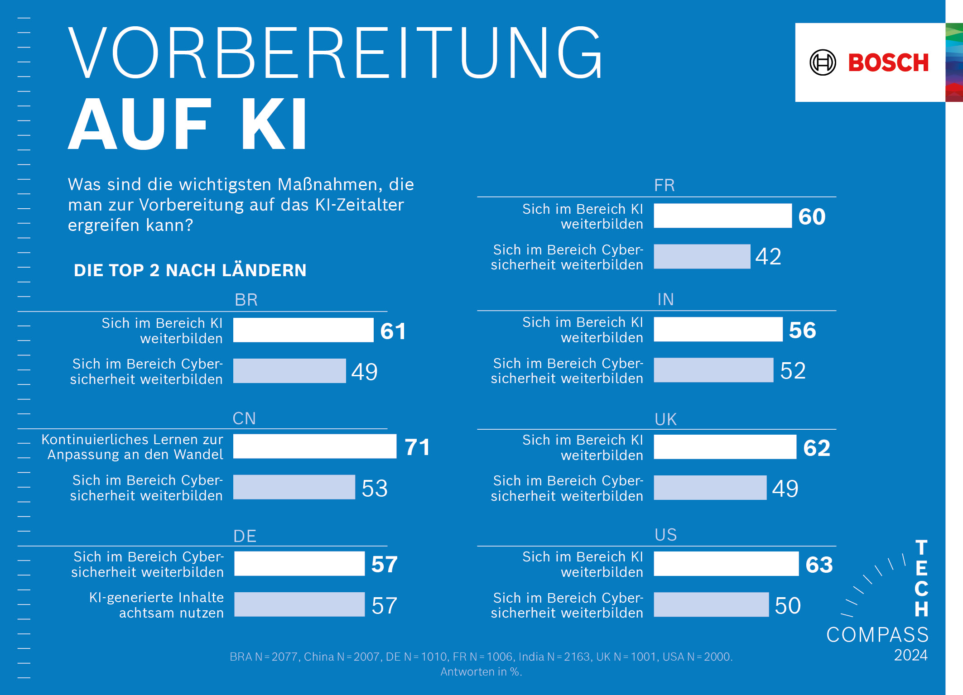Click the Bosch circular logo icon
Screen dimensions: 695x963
tap(823, 62)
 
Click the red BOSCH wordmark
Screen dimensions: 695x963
tap(888, 62)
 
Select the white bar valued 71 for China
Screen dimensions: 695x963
tap(314, 446)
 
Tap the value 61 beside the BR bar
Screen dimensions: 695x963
tap(393, 331)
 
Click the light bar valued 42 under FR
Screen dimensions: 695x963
tap(702, 257)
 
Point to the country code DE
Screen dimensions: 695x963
tap(245, 536)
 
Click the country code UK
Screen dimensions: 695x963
tap(665, 419)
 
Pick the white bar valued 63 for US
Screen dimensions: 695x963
tap(726, 564)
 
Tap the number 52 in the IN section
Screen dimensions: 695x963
tap(793, 371)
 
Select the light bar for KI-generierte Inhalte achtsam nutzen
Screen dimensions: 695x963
tap(299, 604)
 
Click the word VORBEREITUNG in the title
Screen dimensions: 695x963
tap(335, 53)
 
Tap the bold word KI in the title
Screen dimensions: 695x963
tap(274, 124)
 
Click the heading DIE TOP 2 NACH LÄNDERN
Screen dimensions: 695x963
tap(190, 270)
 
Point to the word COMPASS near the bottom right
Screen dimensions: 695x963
tap(877, 635)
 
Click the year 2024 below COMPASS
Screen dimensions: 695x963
tap(910, 655)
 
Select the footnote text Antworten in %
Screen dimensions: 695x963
tap(481, 672)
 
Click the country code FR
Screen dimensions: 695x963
tap(664, 185)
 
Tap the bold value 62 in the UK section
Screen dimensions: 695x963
tap(816, 448)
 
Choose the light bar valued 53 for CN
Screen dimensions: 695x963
tap(294, 487)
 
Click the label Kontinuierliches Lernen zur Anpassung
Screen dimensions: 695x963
tap(133, 447)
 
